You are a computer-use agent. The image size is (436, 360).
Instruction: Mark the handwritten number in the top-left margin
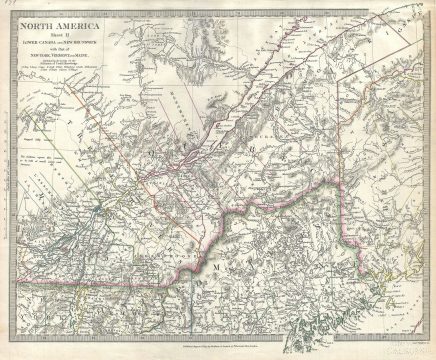[x=7, y=7]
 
